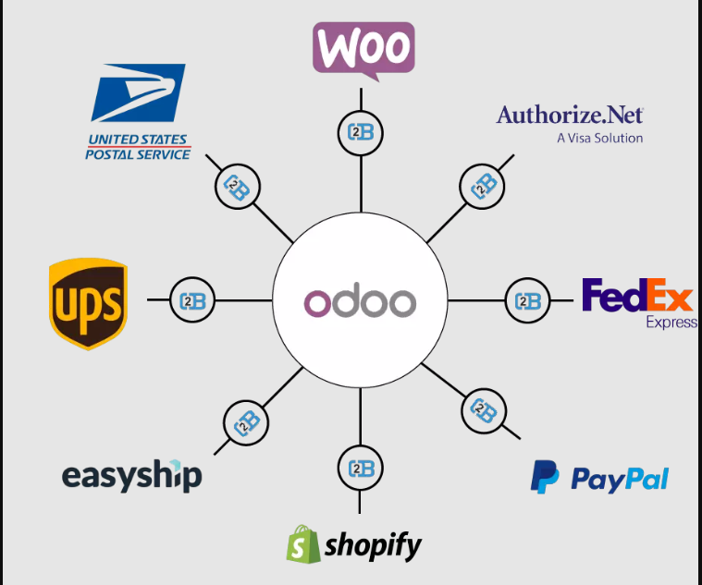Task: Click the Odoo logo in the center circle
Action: click(360, 302)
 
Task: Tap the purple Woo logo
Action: click(363, 46)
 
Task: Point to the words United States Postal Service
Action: click(138, 147)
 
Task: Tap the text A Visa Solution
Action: click(599, 138)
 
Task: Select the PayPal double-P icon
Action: click(544, 477)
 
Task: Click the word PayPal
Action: click(619, 479)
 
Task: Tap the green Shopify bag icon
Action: click(303, 544)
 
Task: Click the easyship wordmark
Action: click(131, 476)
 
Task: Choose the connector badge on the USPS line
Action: click(238, 189)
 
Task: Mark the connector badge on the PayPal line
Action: click(482, 408)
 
